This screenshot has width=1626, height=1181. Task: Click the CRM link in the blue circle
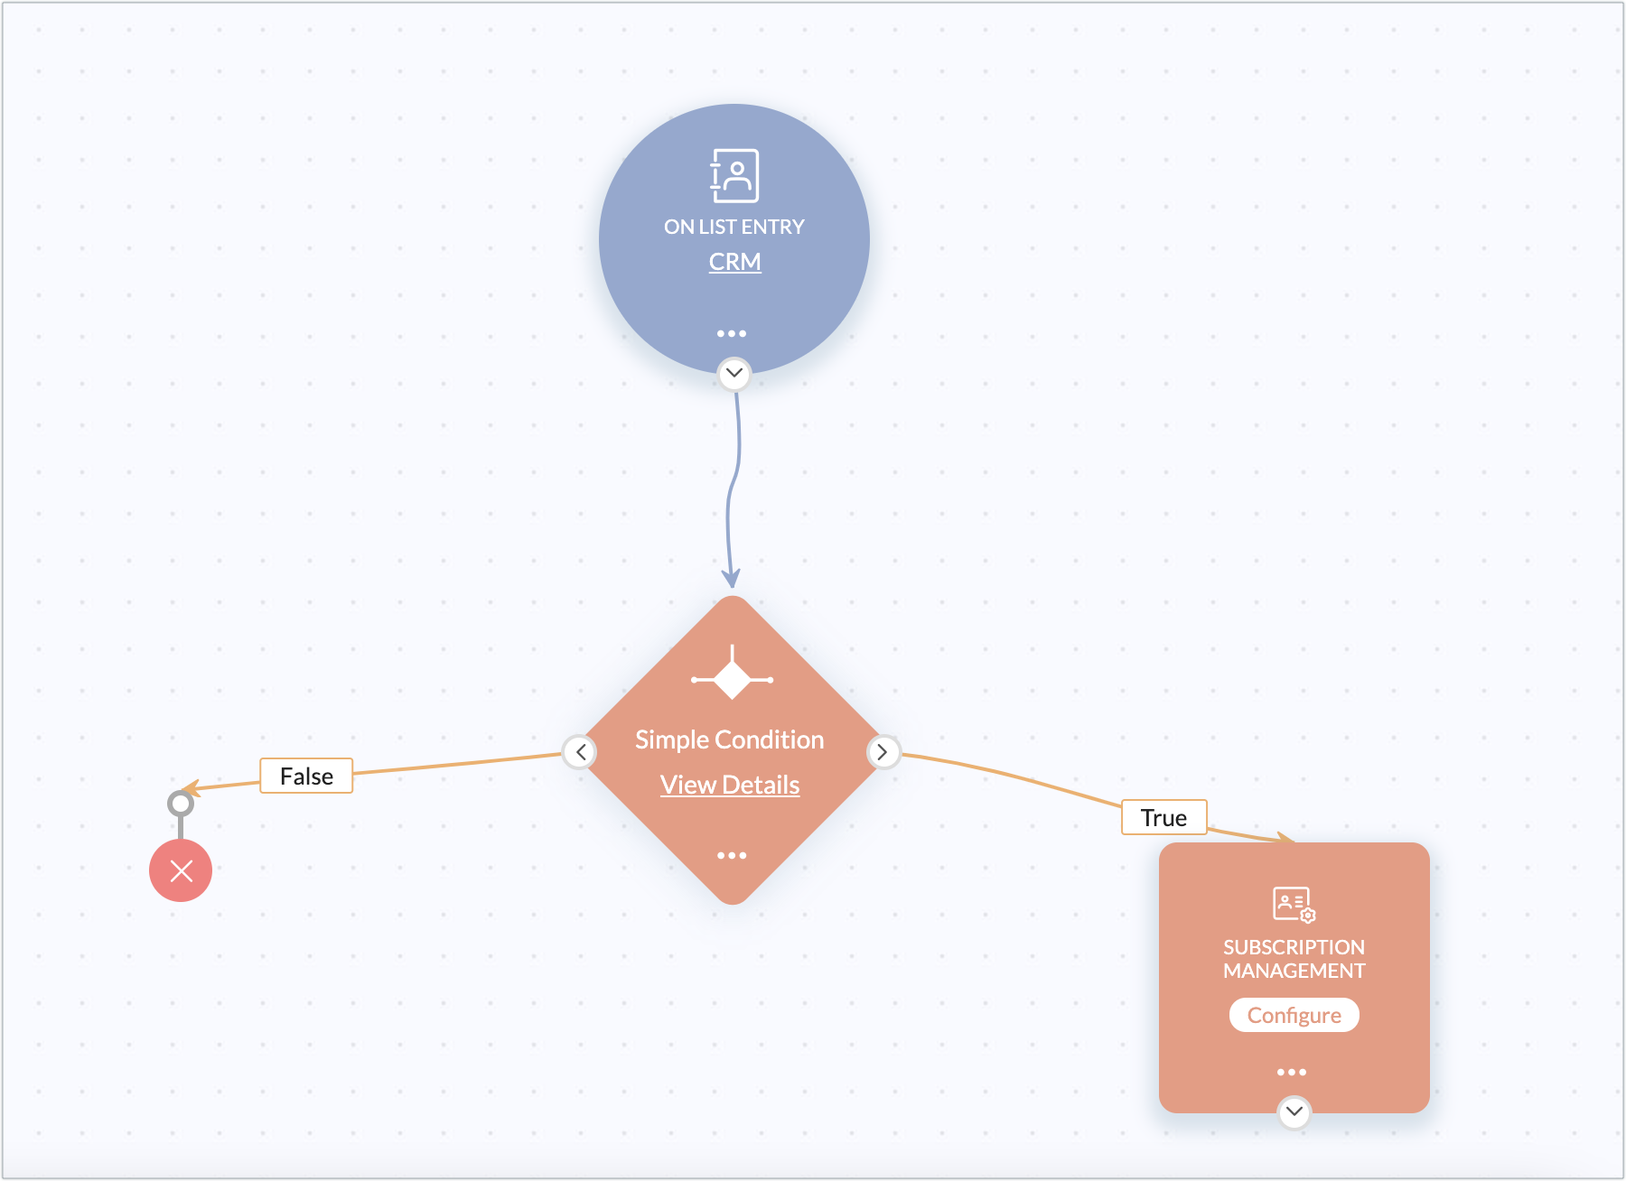734,262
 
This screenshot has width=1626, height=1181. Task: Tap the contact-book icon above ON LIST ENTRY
734,175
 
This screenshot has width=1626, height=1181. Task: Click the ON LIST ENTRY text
734,227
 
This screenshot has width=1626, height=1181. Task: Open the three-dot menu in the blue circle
732,333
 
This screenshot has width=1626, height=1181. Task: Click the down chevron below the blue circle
734,373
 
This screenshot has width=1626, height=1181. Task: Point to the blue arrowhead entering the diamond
731,579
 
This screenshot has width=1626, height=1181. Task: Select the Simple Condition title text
730,739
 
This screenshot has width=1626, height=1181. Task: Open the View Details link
730,785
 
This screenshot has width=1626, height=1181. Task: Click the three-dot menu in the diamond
732,855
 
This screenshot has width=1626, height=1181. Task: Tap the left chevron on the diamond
580,751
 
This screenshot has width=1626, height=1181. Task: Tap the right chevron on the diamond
883,751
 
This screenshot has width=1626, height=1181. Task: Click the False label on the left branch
306,776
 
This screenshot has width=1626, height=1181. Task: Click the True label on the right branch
1163,817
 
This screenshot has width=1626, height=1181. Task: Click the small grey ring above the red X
181,803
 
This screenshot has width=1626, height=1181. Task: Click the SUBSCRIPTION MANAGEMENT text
1294,959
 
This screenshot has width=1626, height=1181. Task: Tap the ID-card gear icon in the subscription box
1294,905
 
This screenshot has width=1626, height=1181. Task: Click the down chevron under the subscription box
1294,1111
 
